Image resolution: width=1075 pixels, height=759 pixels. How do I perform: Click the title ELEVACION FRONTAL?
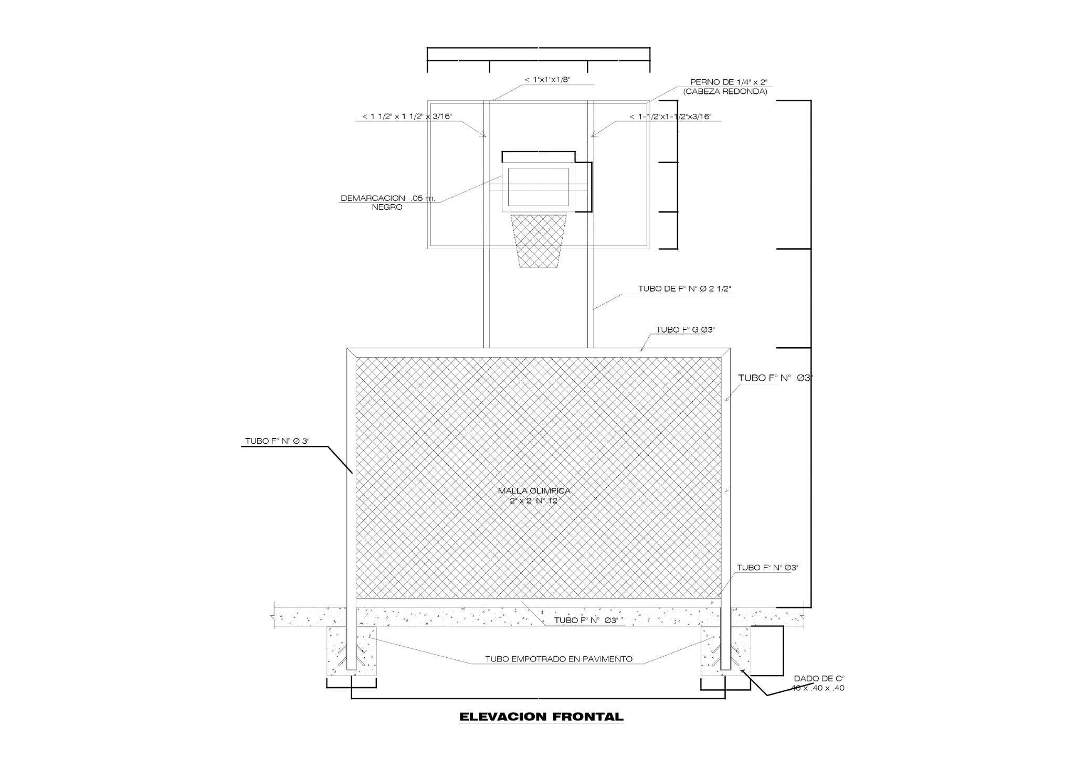tap(541, 717)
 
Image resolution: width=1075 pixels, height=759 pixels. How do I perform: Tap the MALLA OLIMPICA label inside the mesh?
tap(534, 491)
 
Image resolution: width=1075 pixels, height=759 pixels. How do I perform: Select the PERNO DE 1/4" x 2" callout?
tap(729, 82)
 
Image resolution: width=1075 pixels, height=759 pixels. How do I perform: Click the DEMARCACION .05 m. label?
tap(388, 198)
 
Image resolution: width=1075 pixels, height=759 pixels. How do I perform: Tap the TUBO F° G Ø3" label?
tap(686, 330)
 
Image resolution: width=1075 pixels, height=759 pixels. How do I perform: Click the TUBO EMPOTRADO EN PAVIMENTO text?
tap(558, 659)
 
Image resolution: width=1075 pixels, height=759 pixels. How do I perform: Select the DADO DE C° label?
tap(818, 678)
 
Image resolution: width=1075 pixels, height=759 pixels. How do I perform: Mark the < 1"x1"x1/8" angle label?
tap(547, 80)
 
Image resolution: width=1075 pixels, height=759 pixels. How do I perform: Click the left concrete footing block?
tap(352, 650)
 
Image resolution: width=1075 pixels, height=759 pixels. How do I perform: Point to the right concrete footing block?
tap(726, 650)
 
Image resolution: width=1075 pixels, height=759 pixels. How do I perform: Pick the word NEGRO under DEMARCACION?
tap(387, 207)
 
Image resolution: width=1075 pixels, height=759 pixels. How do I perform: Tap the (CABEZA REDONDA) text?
tap(725, 91)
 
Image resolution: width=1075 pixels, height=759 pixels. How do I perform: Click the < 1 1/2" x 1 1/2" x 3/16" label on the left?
tap(407, 116)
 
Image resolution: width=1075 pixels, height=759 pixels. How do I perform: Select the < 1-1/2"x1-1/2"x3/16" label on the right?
tap(670, 116)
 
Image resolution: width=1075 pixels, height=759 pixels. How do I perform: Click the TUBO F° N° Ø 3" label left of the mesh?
tap(277, 441)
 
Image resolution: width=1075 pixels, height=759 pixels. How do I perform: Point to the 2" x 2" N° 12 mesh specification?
tap(534, 501)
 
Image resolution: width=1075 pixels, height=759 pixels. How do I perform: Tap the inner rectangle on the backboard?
tap(539, 187)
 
